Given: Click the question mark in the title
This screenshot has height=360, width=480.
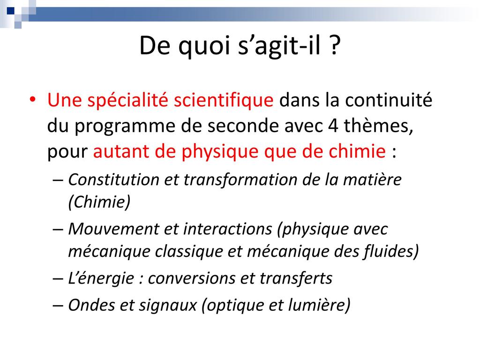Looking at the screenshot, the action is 335,45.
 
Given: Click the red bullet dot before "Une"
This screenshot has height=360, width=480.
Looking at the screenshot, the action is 33,100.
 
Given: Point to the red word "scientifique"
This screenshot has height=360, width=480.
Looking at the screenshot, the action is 224,100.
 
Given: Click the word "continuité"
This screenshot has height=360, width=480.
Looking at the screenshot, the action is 389,100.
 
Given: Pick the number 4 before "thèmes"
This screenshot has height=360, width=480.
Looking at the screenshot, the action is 333,126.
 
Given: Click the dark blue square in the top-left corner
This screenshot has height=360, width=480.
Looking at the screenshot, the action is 11,11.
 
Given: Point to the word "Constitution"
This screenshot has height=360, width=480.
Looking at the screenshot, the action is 113,180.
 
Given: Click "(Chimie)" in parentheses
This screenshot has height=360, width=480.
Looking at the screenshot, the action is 99,202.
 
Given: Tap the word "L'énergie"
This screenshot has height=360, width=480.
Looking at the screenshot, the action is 101,278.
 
